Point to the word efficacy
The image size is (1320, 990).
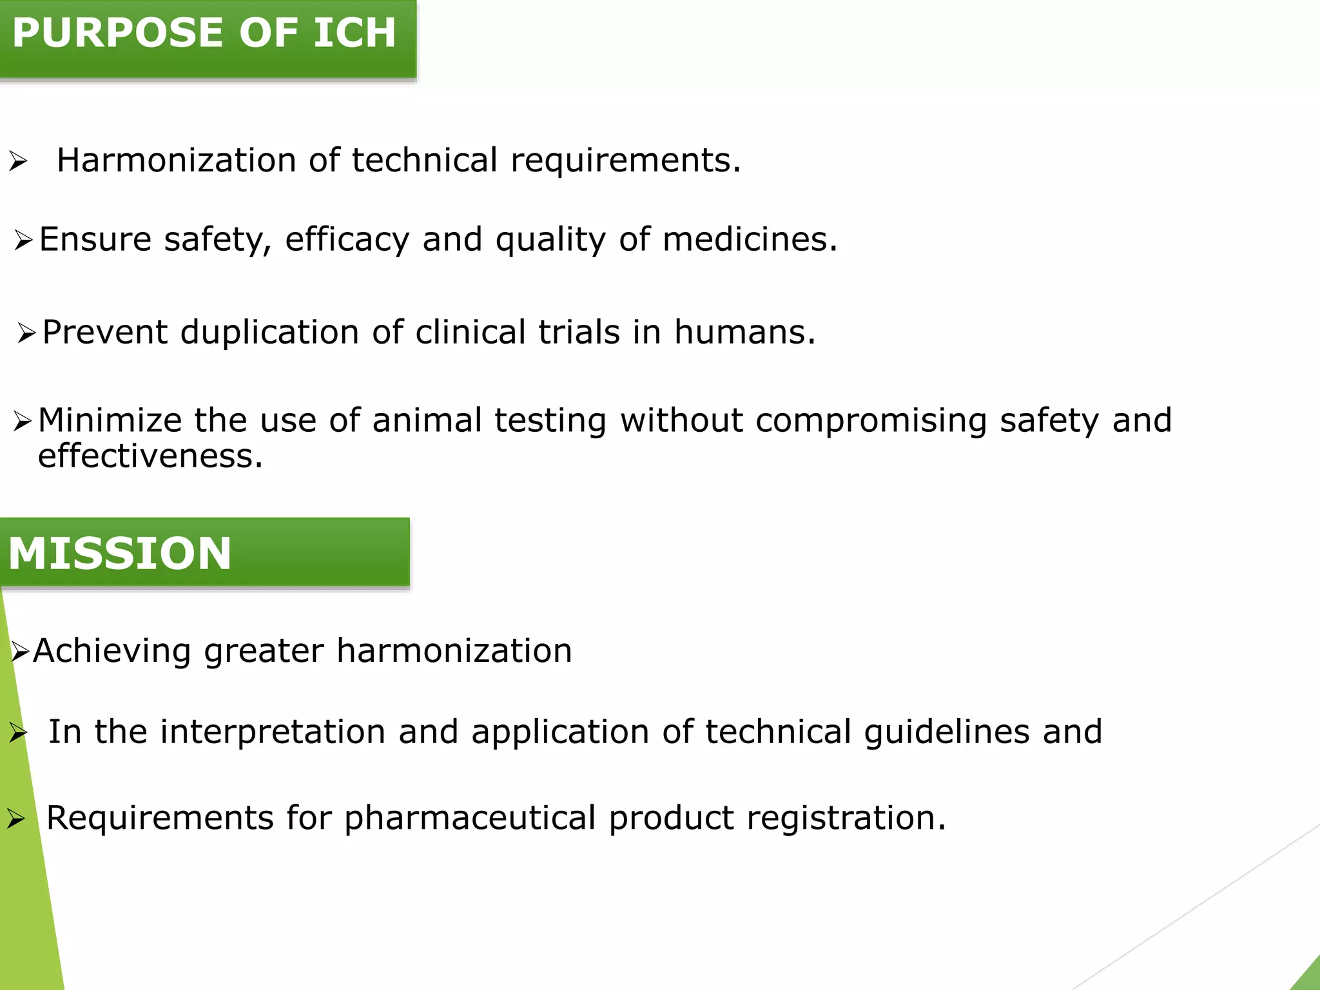point(347,240)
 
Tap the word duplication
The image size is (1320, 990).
point(269,333)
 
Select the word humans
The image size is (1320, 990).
point(744,333)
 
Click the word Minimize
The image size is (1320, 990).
point(110,420)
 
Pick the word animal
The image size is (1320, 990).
point(427,420)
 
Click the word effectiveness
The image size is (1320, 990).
point(150,456)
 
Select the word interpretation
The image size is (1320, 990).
point(273,732)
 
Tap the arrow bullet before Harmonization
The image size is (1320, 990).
point(18,161)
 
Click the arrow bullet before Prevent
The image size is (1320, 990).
point(26,333)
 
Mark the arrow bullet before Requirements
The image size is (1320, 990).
point(16,819)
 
